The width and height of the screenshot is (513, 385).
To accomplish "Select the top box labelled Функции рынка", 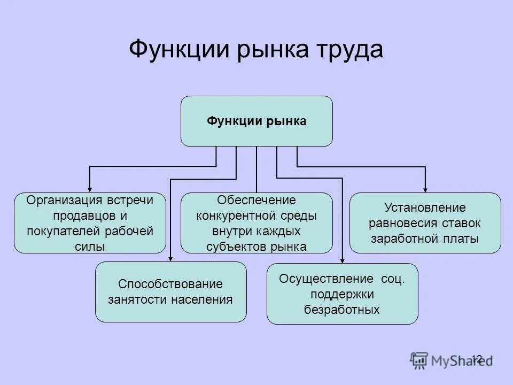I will [256, 121].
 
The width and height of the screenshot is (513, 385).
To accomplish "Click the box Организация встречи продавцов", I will [90, 223].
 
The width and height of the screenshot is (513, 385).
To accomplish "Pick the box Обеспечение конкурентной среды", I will [256, 223].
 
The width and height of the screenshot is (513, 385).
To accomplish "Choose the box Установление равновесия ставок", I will [425, 223].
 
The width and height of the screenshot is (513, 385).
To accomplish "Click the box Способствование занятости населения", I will [170, 292].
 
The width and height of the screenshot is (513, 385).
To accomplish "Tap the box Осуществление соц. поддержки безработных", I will [342, 294].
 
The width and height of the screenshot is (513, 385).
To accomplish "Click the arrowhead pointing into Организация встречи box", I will [90, 189].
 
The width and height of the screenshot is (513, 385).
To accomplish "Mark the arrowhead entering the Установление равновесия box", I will [425, 189].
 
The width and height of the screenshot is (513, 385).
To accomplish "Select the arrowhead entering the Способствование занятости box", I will [170, 258].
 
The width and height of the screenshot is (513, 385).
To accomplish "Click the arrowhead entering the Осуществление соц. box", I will [342, 260].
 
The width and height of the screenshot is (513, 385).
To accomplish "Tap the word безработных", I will [342, 309].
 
